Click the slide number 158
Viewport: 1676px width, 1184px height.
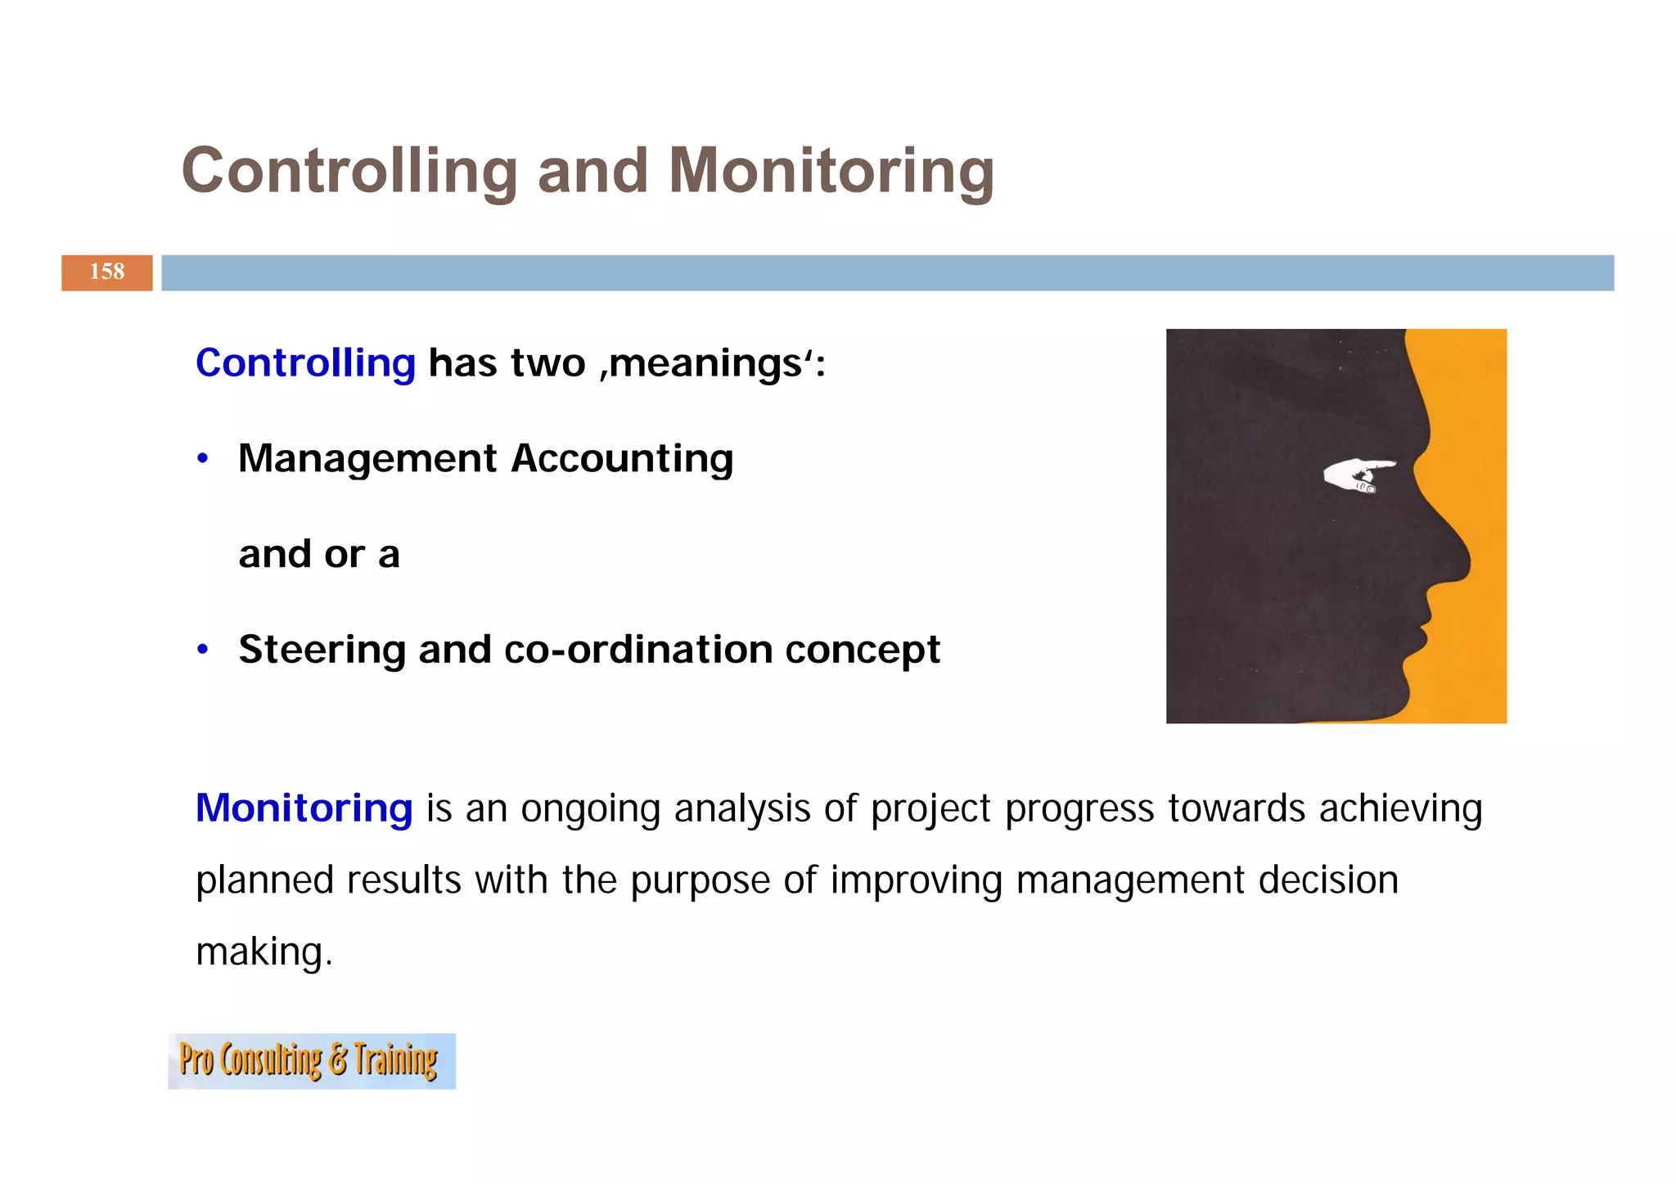(x=107, y=272)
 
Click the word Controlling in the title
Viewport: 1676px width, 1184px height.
(x=349, y=171)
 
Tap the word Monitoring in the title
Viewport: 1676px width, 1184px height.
(x=831, y=171)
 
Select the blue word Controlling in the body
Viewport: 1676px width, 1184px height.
(x=305, y=362)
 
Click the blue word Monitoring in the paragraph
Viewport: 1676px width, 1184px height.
(x=304, y=808)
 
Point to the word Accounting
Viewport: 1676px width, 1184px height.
(x=622, y=458)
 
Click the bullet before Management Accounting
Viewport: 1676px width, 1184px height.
(x=203, y=459)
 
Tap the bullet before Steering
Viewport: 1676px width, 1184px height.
(x=203, y=651)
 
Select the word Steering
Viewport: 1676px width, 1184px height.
(x=322, y=651)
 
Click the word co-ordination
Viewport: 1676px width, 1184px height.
(x=638, y=650)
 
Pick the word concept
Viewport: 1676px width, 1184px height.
(x=863, y=651)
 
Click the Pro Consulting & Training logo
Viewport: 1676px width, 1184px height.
(x=311, y=1060)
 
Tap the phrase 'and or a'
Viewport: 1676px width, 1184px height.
(x=319, y=555)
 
